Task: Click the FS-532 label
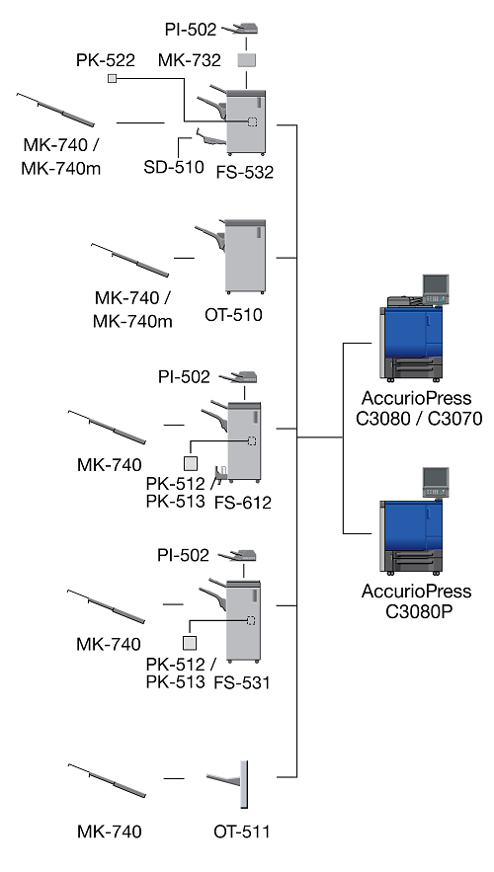coord(245,172)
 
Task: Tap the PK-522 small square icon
coord(112,78)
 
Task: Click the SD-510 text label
coord(174,166)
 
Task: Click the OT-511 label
coord(241,832)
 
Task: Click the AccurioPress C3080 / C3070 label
coord(419,408)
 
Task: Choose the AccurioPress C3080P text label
coord(417,600)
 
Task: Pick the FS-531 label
coord(242,682)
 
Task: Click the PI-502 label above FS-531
coord(183,555)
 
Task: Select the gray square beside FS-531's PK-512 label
coord(190,643)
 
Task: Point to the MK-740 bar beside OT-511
coord(107,781)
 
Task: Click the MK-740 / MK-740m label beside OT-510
coord(132,309)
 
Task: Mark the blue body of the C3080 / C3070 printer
coord(412,333)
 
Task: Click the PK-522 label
coord(106,60)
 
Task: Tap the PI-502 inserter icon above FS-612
coord(238,378)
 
